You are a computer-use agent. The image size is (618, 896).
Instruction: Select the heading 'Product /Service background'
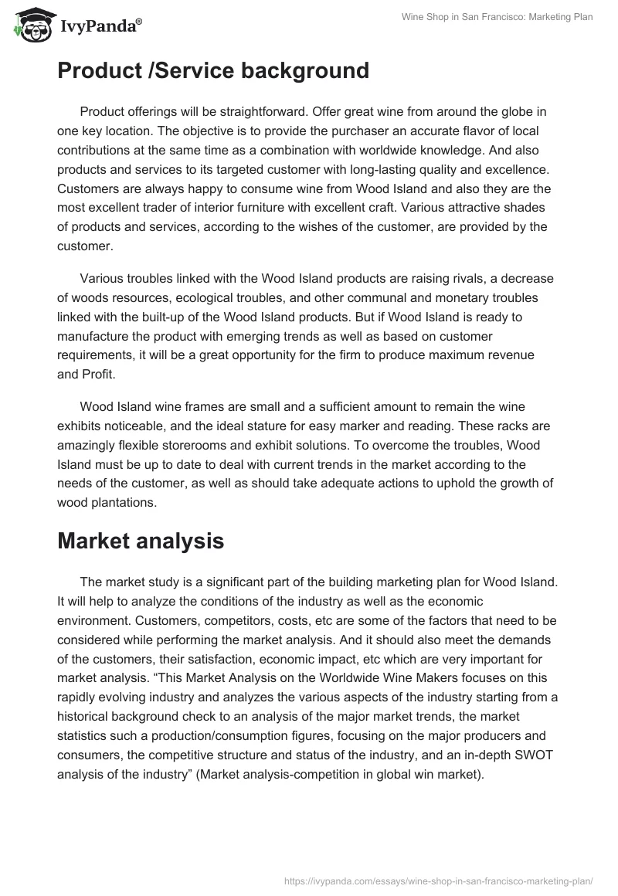(213, 71)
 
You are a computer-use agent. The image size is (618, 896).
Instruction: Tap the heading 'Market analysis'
(141, 541)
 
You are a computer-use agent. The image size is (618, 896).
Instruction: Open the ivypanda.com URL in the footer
(438, 880)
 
